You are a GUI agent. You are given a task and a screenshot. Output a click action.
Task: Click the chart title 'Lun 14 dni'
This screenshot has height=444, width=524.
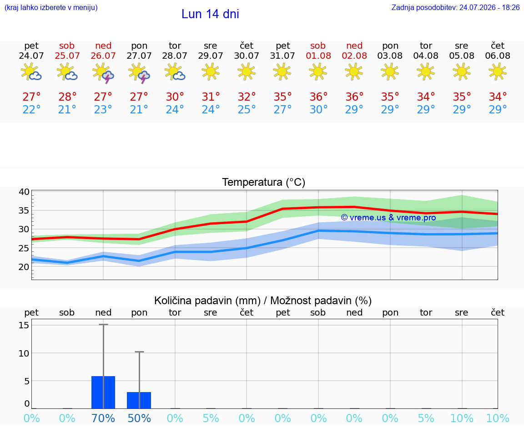pos(210,14)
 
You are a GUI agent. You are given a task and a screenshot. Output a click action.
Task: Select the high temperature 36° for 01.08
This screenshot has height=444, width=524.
pos(318,97)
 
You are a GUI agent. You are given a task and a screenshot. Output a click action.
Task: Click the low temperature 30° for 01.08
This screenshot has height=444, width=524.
pos(318,109)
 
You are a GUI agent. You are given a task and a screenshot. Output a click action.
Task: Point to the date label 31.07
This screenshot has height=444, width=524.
pos(282,56)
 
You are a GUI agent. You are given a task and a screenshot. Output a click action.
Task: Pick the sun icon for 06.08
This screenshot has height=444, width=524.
pos(498,71)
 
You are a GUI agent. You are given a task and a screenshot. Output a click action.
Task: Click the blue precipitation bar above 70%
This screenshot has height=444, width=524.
pos(103,392)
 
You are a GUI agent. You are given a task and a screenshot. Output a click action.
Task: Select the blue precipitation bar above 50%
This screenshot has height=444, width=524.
pos(139,400)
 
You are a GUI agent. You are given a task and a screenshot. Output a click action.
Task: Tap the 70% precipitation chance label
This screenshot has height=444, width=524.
pos(103,418)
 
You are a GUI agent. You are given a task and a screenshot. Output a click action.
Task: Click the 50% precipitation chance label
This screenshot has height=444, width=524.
pos(139,418)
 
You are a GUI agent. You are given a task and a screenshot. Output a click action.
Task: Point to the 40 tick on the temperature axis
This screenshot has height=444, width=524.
pos(24,192)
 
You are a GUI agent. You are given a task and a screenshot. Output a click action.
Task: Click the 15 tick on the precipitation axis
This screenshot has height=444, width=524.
pos(24,325)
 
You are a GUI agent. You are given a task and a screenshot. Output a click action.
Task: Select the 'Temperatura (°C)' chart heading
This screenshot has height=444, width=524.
pos(264,182)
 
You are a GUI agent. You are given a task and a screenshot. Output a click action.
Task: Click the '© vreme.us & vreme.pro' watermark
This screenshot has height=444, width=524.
pos(388,218)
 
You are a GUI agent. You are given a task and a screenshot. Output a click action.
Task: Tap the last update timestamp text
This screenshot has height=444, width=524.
pos(455,7)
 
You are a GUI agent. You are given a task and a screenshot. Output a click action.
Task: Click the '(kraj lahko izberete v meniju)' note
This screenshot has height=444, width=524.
pos(51,7)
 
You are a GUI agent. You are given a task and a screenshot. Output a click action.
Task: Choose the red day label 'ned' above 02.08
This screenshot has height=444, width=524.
pos(354,46)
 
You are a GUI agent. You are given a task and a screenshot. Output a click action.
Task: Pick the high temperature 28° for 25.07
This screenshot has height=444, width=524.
pos(67,97)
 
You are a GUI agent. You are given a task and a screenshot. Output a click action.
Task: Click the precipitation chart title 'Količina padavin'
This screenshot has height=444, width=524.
pos(207,301)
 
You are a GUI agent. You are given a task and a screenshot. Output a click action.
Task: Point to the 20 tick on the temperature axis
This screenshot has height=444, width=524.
pos(24,267)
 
